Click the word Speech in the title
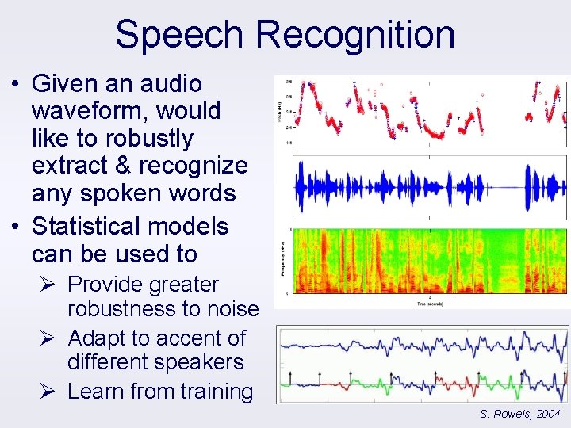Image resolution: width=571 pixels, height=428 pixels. pos(178,35)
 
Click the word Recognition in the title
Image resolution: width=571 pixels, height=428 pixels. pos(355,35)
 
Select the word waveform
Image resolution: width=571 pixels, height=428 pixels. pos(87,111)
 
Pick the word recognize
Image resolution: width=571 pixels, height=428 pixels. pos(194,166)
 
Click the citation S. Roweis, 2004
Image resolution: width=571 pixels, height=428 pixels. pos(520,414)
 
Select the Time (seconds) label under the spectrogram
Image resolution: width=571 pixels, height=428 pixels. pos(429,303)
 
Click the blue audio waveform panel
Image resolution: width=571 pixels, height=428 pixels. pos(429,188)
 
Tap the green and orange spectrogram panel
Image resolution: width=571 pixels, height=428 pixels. pos(429,261)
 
